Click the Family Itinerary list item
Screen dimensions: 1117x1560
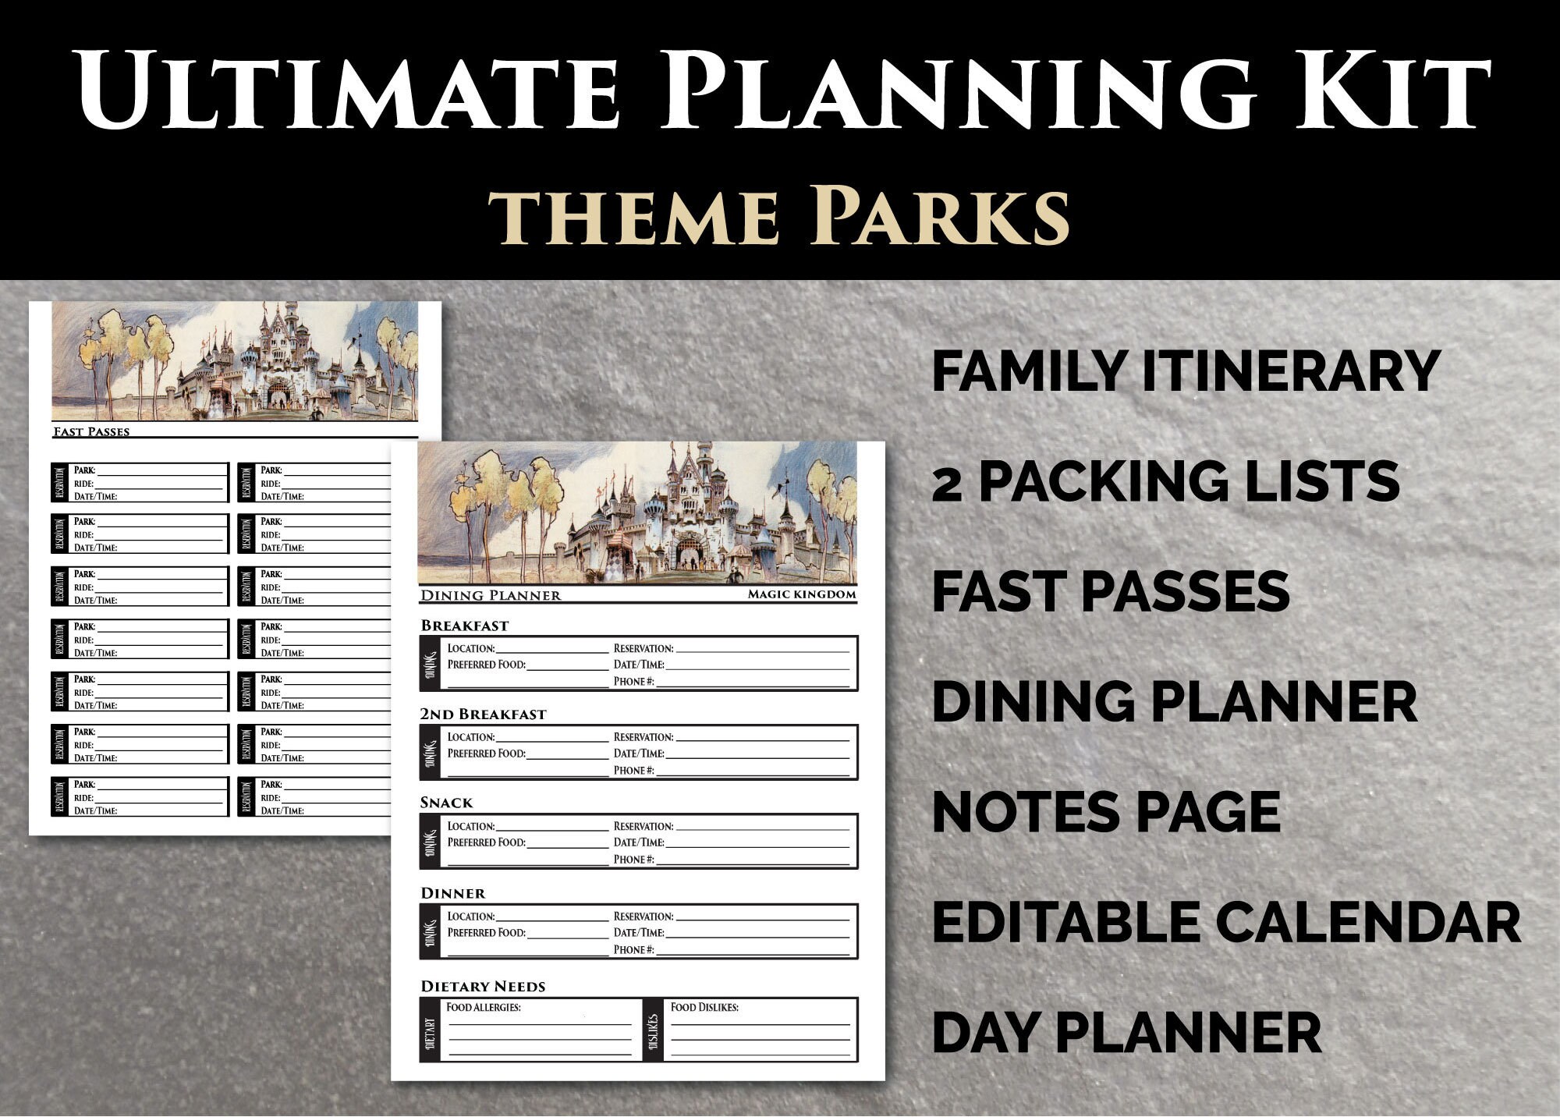[x=1186, y=371]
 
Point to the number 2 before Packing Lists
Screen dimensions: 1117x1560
[x=947, y=483]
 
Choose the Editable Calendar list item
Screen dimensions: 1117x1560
[x=1225, y=922]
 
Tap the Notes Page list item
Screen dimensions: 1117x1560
[x=1106, y=812]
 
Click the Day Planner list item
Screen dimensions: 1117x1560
[x=1126, y=1033]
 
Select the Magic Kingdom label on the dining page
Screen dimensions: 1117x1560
[x=801, y=594]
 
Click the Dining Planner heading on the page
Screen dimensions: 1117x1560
[x=491, y=596]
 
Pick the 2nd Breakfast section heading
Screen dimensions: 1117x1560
[x=483, y=714]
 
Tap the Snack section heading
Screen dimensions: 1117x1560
[x=446, y=803]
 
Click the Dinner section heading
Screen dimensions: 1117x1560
[x=452, y=893]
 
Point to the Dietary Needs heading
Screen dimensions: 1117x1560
[x=483, y=986]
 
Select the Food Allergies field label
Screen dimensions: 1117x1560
[x=483, y=1007]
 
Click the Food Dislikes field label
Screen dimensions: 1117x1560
[x=704, y=1007]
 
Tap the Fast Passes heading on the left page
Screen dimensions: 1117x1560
[x=91, y=431]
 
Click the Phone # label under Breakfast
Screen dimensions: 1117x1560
[x=633, y=681]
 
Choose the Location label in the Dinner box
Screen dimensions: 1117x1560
[x=471, y=917]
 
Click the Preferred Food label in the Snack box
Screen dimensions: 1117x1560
[x=486, y=842]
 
